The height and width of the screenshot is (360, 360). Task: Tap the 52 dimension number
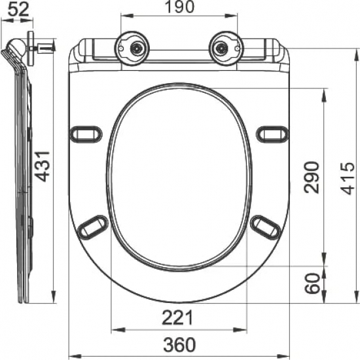click(x=14, y=9)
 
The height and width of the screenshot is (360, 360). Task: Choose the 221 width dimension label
click(x=177, y=318)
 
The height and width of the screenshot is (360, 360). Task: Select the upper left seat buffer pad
click(x=86, y=134)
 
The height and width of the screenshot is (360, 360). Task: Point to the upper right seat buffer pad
click(x=272, y=134)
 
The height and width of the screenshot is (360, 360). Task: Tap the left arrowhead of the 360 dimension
click(x=72, y=355)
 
